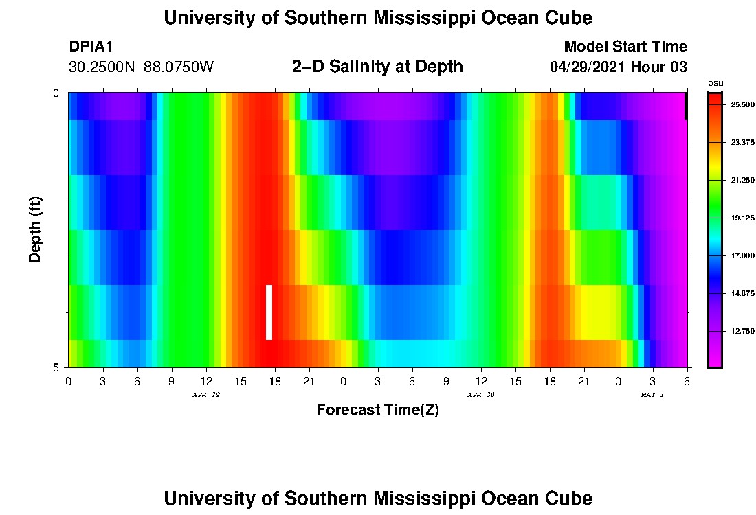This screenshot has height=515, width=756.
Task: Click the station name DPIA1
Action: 91,47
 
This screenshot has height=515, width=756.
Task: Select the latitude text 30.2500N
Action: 102,67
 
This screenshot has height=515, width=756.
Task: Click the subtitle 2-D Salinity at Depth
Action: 377,67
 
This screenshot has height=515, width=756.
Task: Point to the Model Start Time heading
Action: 625,47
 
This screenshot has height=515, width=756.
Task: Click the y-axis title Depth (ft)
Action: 36,229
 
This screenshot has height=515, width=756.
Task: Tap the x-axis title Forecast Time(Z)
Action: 377,410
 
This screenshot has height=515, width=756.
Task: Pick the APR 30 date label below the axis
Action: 481,395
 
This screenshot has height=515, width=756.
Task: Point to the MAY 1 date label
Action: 652,395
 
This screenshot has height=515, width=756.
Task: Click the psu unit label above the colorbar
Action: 715,83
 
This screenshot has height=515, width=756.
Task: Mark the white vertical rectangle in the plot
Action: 269,312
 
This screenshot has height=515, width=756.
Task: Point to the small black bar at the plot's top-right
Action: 686,106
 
